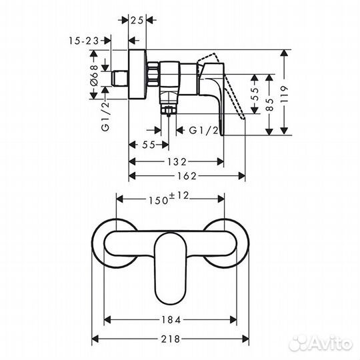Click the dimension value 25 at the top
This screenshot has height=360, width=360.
tap(137, 20)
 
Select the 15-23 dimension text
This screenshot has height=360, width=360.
tap(84, 41)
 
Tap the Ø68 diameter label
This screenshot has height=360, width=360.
tap(94, 76)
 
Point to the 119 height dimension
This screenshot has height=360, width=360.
tap(284, 94)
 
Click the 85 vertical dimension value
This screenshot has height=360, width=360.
tap(271, 105)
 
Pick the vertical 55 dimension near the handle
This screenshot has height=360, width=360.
tap(255, 94)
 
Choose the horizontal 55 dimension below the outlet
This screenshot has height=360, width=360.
tap(149, 145)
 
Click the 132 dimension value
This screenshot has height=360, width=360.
tap(176, 162)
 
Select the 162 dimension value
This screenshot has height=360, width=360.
tap(187, 176)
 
